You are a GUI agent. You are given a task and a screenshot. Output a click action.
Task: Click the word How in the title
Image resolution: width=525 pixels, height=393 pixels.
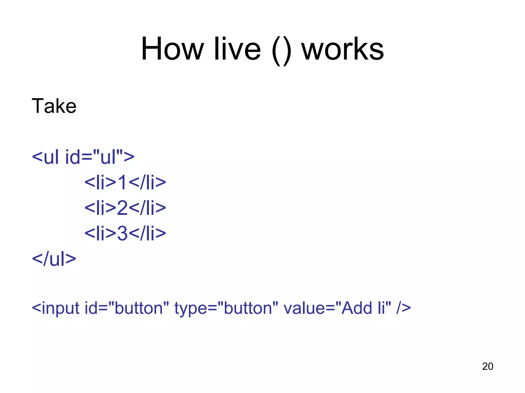pos(173,49)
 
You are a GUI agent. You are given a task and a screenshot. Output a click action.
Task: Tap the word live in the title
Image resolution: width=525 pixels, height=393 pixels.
pos(237,49)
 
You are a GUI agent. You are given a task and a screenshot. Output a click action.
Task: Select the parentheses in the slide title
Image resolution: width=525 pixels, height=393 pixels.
pos(281,50)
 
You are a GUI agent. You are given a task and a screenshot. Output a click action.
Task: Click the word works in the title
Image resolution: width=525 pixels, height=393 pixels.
pos(342,49)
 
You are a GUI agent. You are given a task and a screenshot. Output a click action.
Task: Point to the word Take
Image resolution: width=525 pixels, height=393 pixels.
pos(54,106)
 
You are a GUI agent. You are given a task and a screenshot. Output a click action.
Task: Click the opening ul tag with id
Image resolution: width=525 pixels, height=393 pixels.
pos(83,157)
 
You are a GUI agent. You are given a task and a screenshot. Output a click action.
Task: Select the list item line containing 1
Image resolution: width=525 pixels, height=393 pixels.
pos(125,182)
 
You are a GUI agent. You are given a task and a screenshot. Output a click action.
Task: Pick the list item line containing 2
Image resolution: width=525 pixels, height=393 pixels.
pos(125,208)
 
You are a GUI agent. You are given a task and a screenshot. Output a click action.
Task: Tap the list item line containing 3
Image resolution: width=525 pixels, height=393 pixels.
pos(125,233)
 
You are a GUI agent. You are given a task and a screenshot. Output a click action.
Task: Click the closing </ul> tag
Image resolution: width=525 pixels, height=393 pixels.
pos(54,259)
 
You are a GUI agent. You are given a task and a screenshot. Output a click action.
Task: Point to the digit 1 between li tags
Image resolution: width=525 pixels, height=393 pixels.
pos(122,182)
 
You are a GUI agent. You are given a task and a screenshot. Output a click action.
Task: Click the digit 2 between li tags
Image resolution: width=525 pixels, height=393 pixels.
pos(122,208)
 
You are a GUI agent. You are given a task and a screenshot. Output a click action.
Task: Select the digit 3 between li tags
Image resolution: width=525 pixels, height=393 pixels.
pos(122,233)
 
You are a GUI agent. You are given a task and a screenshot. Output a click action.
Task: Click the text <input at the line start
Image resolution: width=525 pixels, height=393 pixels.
pos(56,308)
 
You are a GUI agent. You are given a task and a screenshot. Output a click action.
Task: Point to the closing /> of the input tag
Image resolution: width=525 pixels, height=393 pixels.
pos(403,308)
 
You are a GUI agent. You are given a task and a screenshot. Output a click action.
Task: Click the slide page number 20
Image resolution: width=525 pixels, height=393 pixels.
pos(488,366)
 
